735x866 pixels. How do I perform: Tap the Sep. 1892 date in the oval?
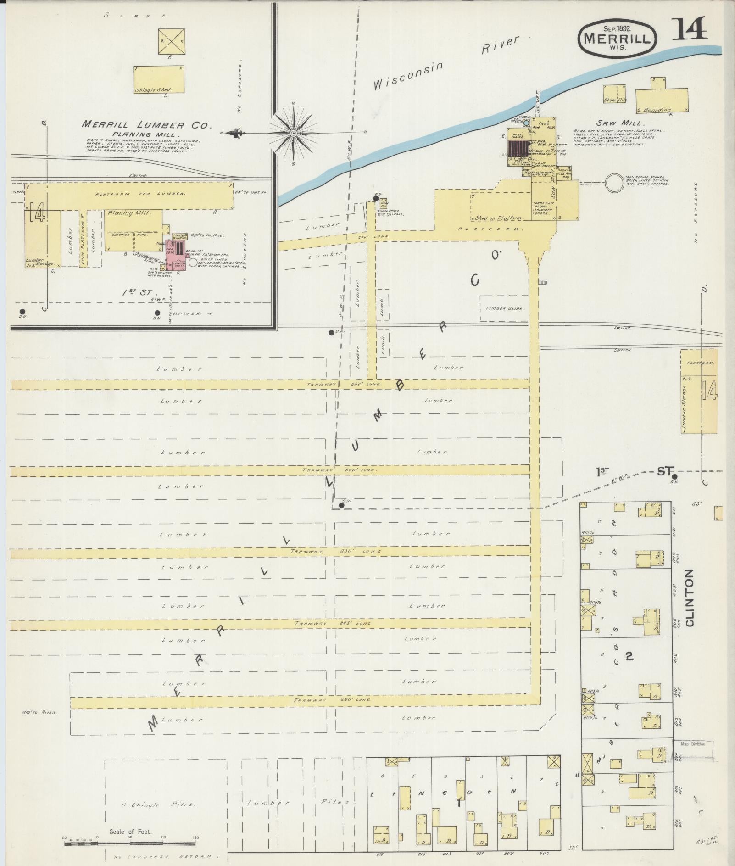[617, 28]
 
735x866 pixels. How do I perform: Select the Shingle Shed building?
[159, 80]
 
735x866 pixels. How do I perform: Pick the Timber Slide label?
[504, 308]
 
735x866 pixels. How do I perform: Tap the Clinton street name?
[690, 598]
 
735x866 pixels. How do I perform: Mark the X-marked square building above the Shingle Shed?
[172, 41]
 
